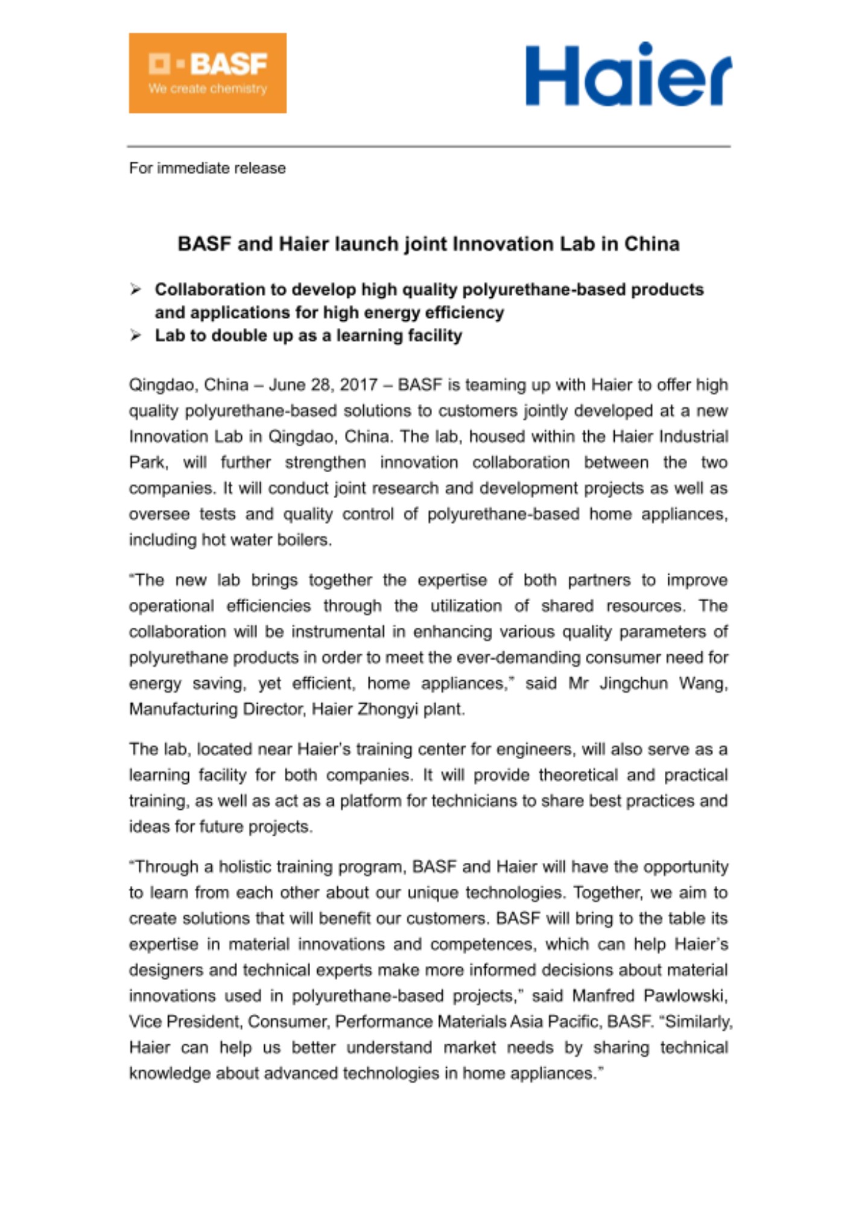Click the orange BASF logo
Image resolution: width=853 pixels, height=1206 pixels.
point(208,73)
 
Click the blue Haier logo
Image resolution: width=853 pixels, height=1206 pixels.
point(628,75)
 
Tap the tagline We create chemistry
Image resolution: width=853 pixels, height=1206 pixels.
point(208,89)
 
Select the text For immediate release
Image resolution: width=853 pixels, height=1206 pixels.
point(207,168)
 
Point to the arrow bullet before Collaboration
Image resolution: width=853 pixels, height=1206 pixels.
point(135,290)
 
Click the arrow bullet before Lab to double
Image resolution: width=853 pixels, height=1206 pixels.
point(135,336)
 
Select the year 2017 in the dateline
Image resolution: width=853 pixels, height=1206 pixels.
point(358,385)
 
